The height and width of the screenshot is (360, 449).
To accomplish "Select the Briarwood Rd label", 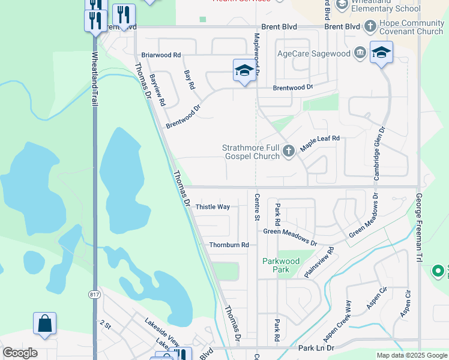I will [x=161, y=55].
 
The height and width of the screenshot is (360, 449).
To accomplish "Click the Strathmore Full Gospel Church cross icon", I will [x=289, y=151].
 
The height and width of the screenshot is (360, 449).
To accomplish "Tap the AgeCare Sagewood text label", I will [x=313, y=53].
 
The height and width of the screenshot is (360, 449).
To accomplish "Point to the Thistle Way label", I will [x=213, y=207].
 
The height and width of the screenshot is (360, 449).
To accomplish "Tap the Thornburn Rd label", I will [x=229, y=245].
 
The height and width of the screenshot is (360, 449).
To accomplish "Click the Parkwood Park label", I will [x=280, y=265].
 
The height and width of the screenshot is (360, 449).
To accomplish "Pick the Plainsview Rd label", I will [x=319, y=262].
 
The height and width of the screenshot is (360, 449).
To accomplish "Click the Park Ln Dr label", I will [x=315, y=348].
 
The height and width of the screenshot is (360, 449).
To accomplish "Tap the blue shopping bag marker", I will [x=44, y=325].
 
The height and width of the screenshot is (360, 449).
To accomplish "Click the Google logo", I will [x=20, y=353].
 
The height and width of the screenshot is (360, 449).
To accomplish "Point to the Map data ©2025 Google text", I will [x=412, y=355].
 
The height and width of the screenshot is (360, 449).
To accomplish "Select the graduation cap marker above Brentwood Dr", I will [x=244, y=71].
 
